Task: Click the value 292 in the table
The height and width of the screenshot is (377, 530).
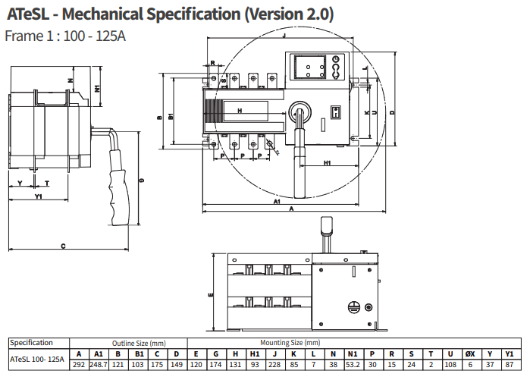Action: [x=79, y=365]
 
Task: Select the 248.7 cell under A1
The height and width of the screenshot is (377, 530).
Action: [x=98, y=365]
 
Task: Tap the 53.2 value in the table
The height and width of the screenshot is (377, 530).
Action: [x=353, y=365]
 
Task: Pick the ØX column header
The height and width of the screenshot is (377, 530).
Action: [x=470, y=353]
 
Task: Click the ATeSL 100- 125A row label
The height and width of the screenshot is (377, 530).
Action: [x=37, y=359]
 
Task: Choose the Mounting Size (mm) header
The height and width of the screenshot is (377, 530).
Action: [x=290, y=343]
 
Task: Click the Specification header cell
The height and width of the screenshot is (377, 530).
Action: [x=32, y=343]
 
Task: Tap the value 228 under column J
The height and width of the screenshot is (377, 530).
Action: [x=274, y=365]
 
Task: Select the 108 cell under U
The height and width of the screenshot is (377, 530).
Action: [x=450, y=365]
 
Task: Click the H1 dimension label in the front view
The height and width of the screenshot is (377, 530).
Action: [x=328, y=163]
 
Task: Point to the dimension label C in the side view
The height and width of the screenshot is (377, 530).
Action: [x=62, y=246]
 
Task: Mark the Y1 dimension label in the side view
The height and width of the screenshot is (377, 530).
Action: [x=38, y=197]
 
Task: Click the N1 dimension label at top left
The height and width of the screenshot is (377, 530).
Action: [x=99, y=88]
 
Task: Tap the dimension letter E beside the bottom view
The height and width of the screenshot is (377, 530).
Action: [x=209, y=291]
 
